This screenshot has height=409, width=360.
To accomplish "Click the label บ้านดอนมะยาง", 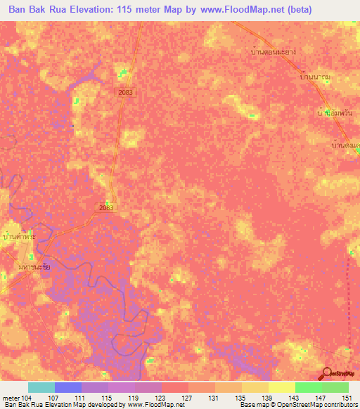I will [272, 52].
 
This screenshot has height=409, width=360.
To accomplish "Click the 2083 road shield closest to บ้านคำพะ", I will [106, 208].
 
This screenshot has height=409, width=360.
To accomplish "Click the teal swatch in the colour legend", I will [41, 387].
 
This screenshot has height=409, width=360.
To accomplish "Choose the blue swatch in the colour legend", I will [68, 387].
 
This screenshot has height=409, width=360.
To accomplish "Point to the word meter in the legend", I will [11, 397].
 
